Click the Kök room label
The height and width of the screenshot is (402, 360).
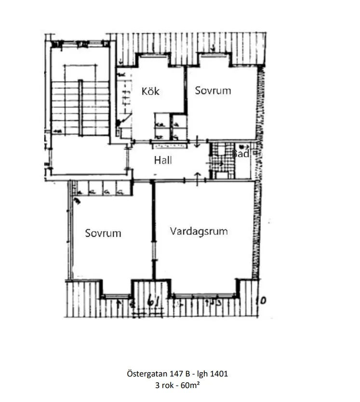pos(150,91)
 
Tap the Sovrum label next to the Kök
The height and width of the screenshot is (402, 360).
pos(213,91)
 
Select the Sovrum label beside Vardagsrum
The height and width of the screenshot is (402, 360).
pos(103,233)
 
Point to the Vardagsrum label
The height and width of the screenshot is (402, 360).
pos(199,231)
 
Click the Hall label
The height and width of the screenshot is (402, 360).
pos(163,160)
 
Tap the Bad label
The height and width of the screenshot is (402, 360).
pos(240,154)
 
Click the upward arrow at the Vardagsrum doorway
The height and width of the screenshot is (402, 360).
pos(198,175)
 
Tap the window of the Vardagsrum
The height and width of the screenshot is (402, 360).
pos(204,295)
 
